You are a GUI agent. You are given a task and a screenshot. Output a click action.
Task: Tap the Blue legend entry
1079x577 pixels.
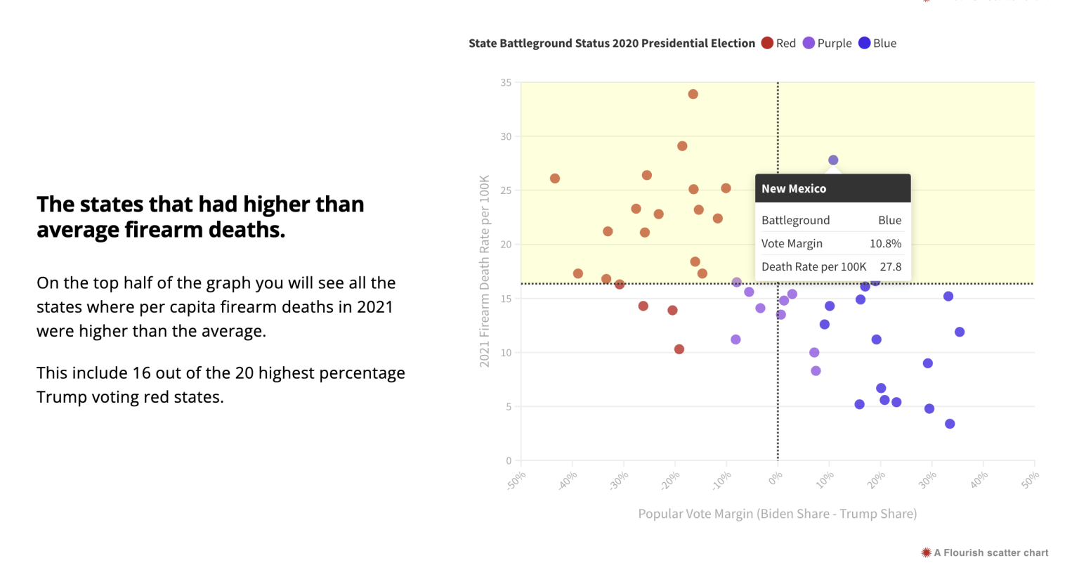pos(877,44)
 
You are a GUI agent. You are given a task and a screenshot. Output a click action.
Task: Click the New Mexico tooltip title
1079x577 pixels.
pos(794,188)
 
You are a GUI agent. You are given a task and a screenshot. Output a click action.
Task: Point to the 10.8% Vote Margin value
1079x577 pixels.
pos(885,244)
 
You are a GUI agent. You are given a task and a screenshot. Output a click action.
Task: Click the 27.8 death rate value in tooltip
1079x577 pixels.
pos(890,267)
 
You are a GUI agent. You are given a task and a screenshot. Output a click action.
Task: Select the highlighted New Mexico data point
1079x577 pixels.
pos(833,160)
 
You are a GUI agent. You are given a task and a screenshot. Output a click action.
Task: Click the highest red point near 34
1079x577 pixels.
pos(693,94)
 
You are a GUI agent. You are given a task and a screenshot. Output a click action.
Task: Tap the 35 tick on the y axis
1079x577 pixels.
pos(506,83)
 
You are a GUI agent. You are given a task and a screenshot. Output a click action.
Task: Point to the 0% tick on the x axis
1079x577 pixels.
pos(775,479)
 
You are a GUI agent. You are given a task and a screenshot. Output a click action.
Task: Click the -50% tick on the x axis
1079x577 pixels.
pos(516,481)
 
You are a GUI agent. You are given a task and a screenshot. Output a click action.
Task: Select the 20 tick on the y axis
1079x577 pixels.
pos(506,245)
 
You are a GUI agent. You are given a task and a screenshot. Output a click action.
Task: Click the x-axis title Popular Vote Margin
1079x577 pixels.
pos(777,514)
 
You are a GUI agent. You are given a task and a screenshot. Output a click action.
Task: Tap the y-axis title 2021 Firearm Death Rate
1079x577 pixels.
pos(484,271)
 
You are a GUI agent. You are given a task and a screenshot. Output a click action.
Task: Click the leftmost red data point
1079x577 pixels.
pos(555,179)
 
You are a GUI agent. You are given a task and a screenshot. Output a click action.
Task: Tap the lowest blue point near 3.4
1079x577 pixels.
pos(950,424)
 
